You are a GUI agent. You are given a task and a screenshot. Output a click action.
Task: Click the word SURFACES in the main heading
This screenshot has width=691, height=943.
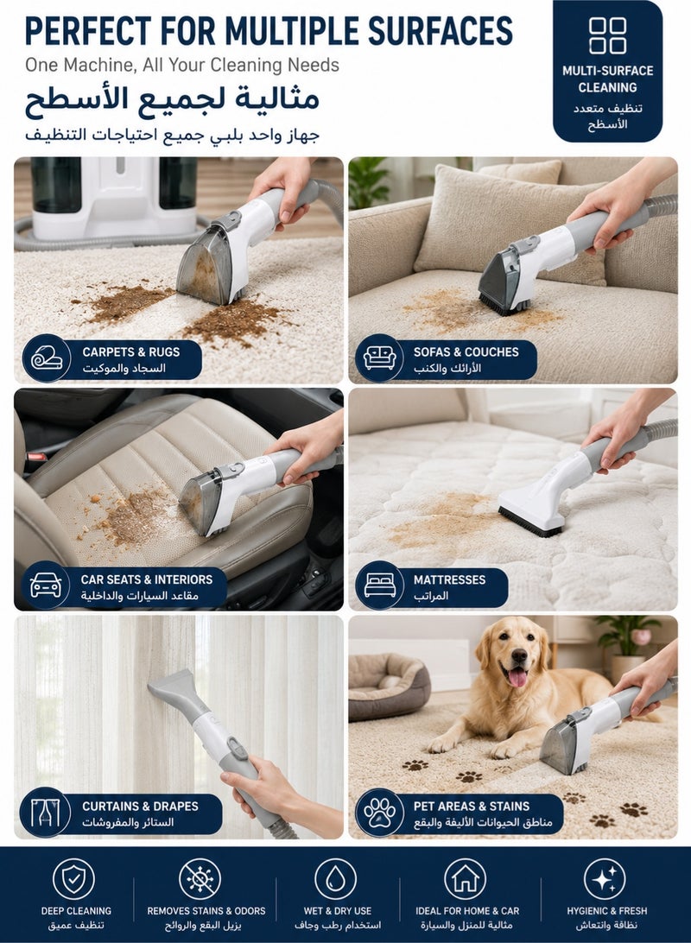(x=441, y=31)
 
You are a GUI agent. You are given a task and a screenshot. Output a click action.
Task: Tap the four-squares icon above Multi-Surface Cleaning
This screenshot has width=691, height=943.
(x=607, y=35)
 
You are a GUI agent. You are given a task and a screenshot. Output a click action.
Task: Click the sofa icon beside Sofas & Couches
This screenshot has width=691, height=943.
(x=379, y=358)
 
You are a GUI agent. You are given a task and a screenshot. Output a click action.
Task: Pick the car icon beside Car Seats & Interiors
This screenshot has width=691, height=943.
(x=46, y=585)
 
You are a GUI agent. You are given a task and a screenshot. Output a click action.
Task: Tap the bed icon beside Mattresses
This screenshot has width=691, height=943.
(x=379, y=585)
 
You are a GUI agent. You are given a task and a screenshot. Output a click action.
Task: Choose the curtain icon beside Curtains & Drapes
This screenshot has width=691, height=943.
(x=46, y=812)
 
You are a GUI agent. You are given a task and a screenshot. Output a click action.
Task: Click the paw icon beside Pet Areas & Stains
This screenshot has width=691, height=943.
(x=379, y=812)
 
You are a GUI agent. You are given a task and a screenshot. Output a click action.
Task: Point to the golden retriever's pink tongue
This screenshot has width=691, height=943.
(x=517, y=676)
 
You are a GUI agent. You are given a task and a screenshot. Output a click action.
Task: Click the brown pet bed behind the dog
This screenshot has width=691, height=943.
(x=389, y=686)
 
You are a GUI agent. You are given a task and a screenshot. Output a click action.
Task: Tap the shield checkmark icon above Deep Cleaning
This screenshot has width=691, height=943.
(x=73, y=879)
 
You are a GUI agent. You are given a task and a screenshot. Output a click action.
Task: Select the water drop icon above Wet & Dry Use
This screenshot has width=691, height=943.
(x=336, y=879)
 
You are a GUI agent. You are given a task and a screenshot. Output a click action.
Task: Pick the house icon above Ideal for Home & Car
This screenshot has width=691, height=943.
(x=465, y=879)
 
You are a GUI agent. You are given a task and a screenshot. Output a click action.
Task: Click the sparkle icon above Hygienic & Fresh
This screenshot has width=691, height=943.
(x=605, y=879)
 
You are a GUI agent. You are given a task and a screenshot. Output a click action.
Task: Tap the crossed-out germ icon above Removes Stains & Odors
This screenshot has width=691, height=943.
(x=200, y=879)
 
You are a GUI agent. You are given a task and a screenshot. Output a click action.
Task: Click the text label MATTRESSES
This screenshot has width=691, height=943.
(x=449, y=579)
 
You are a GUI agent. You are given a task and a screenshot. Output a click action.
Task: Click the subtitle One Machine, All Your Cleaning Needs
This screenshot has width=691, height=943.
(x=182, y=65)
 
